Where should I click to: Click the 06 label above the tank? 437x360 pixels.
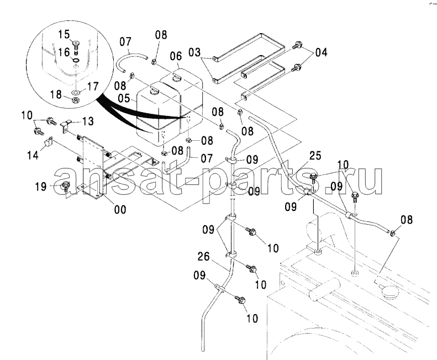tap(176, 56)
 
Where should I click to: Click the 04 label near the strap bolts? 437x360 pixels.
tap(321, 52)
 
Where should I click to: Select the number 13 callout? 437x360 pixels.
tap(88, 121)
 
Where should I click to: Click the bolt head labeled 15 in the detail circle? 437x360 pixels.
tap(75, 43)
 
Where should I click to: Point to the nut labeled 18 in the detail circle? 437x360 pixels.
tap(75, 99)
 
